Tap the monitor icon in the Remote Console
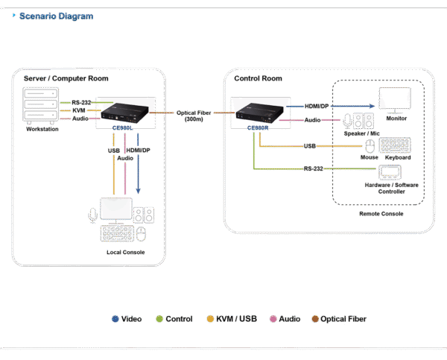point(394,99)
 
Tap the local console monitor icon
point(115,209)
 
